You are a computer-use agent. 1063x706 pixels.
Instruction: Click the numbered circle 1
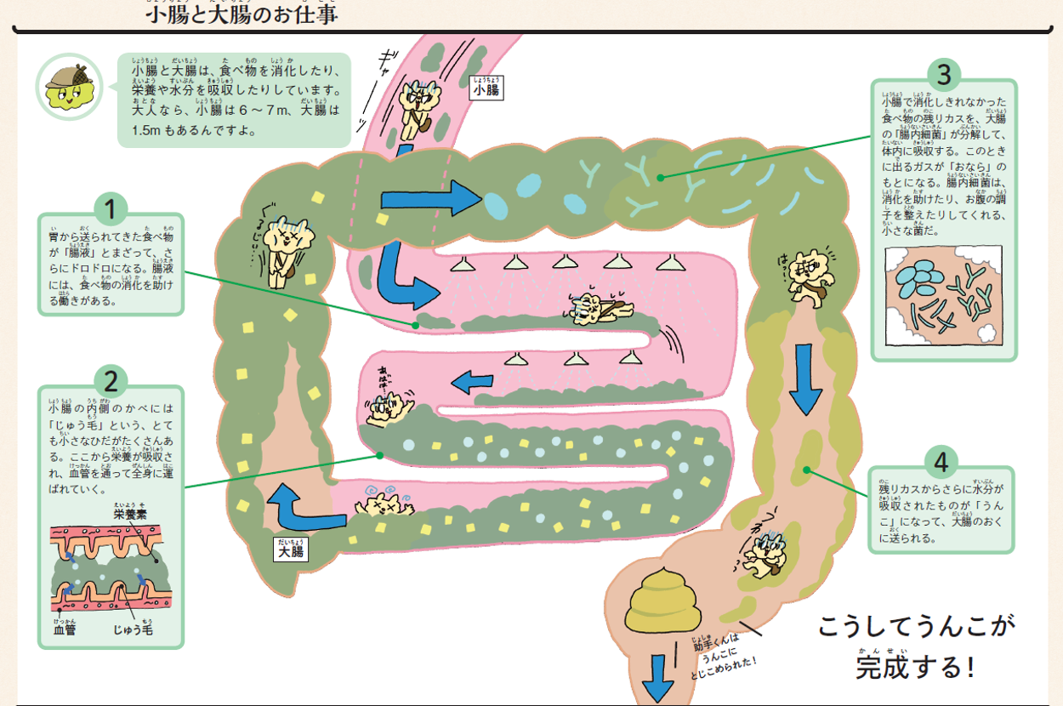tap(111, 208)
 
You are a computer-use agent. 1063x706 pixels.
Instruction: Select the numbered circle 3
tap(944, 76)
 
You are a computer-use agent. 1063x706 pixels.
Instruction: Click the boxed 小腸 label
tap(486, 88)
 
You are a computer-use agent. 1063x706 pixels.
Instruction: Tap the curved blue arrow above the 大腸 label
tap(300, 507)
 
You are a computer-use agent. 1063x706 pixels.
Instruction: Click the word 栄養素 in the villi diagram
tap(129, 514)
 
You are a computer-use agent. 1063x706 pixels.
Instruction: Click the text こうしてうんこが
tap(917, 628)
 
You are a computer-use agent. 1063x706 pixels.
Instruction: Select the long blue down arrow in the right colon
tap(805, 379)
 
